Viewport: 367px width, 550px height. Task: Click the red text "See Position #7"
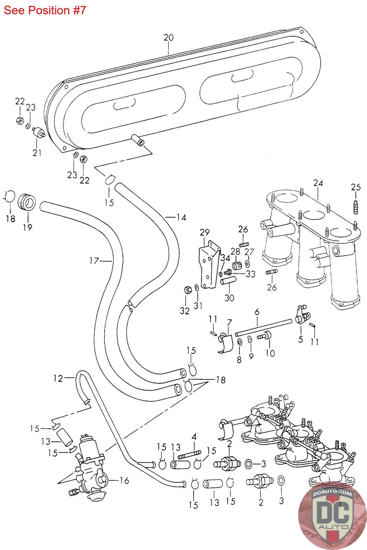(x=45, y=10)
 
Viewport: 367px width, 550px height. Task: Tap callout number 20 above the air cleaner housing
(x=169, y=37)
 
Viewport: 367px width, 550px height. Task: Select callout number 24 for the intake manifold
(x=318, y=183)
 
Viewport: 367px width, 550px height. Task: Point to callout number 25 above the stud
(x=356, y=187)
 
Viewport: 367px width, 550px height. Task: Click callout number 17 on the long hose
(x=94, y=261)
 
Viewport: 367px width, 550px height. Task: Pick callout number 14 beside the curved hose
(x=181, y=217)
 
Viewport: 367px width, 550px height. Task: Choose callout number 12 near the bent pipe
(x=58, y=378)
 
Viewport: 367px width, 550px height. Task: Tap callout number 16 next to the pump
(x=124, y=480)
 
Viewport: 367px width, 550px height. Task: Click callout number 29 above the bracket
(x=205, y=232)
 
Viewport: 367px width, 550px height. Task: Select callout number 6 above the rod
(x=257, y=312)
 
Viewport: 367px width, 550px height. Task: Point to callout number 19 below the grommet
(x=28, y=227)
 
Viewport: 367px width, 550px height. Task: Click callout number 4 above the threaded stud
(x=194, y=436)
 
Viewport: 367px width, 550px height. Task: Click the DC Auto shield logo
(x=332, y=515)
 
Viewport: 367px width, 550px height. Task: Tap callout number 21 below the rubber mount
(x=37, y=153)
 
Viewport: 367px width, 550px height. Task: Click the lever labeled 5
(x=303, y=315)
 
